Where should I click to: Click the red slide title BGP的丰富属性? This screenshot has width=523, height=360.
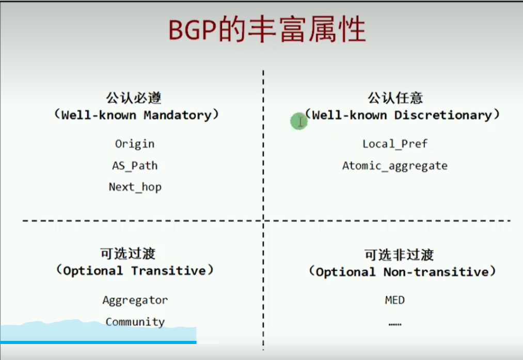click(267, 29)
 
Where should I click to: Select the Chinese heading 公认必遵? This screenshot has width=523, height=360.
click(134, 98)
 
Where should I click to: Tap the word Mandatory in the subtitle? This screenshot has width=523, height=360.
click(178, 115)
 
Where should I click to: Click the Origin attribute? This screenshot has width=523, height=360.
click(135, 144)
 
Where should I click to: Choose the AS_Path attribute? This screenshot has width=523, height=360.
click(135, 165)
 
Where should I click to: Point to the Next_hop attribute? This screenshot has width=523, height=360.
click(135, 187)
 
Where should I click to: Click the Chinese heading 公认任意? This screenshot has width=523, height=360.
click(395, 98)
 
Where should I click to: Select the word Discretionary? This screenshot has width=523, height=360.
click(443, 115)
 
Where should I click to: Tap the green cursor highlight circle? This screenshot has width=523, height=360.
click(298, 121)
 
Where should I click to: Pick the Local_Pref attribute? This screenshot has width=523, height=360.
click(395, 144)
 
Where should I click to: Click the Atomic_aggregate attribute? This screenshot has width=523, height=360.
click(395, 166)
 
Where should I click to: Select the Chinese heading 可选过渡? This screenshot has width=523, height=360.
click(128, 254)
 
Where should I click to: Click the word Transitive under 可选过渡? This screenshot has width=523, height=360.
click(169, 271)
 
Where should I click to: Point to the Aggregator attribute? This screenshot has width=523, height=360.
click(135, 300)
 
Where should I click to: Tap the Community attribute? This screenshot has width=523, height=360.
click(135, 322)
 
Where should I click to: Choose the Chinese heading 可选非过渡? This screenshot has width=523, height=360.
click(399, 255)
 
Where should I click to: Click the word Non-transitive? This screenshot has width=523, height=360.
click(436, 272)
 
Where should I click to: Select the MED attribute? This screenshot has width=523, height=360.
click(395, 300)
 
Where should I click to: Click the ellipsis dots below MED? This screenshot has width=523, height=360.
click(395, 324)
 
